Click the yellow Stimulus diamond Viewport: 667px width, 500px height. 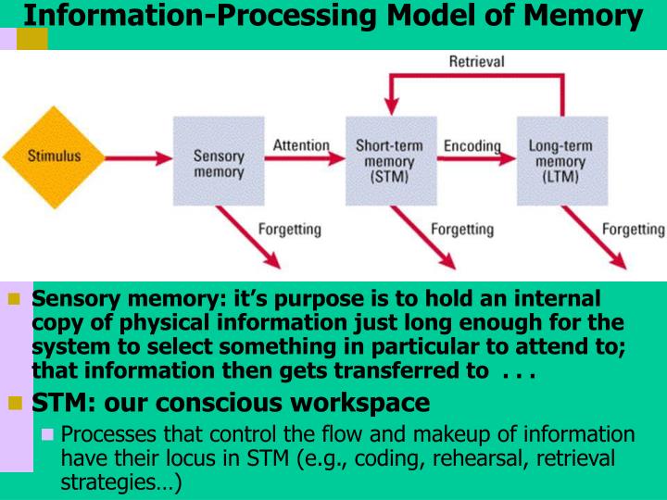coord(53,156)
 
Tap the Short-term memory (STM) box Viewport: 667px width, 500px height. coord(390,160)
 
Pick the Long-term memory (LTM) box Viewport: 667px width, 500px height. coord(561,160)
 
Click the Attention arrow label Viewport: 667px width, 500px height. coord(301,145)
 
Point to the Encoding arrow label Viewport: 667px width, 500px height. coord(472,146)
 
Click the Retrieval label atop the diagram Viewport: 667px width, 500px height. coord(476,62)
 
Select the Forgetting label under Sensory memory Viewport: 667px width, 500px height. coord(289,229)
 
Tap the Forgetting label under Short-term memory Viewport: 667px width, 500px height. coord(462,229)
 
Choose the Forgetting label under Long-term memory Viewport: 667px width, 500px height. coord(634,229)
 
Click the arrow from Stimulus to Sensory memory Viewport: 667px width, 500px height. coord(140,158)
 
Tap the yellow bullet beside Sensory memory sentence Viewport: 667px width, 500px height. coord(14,300)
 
